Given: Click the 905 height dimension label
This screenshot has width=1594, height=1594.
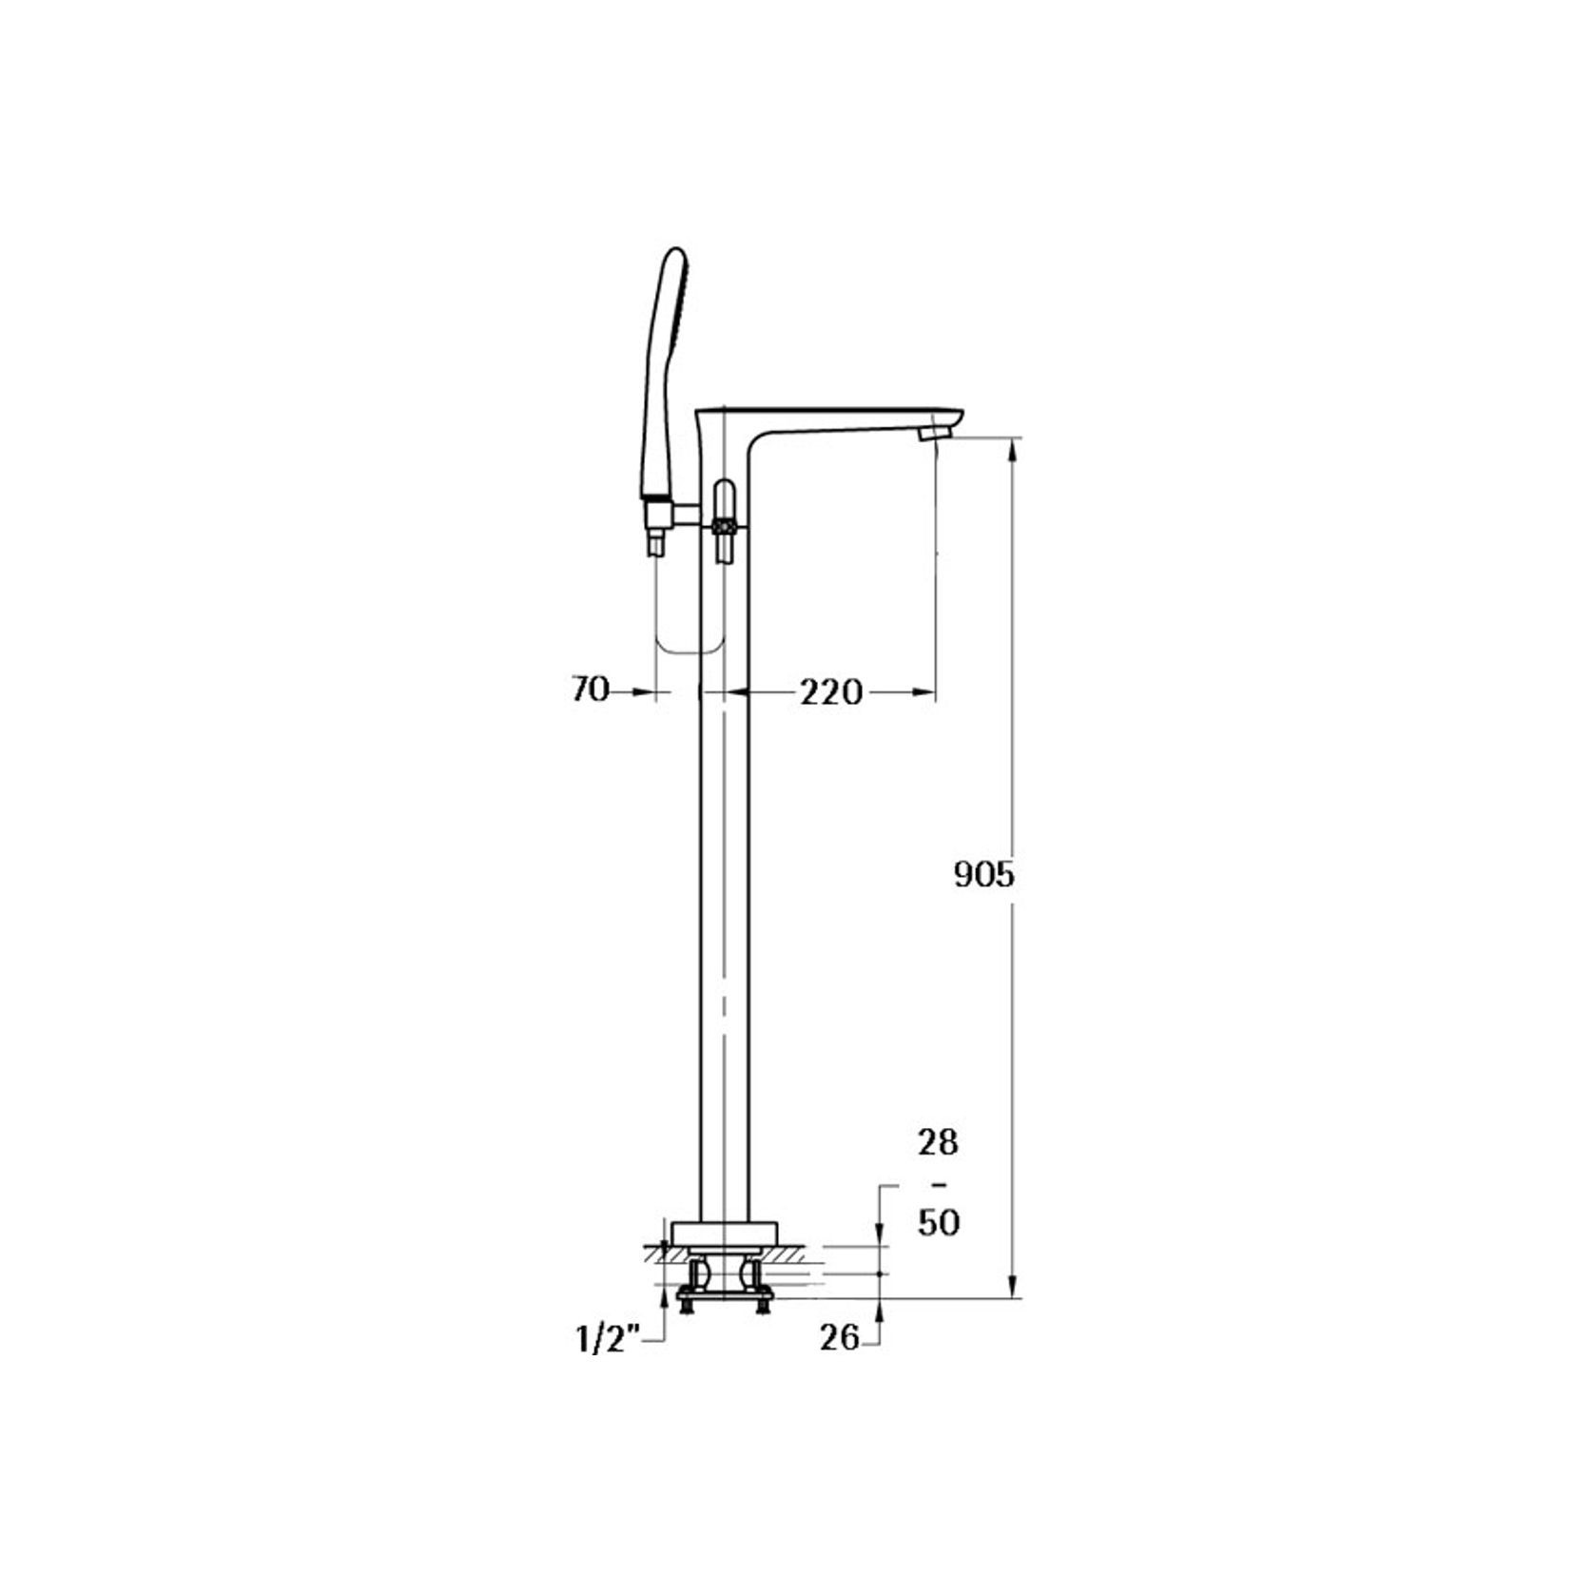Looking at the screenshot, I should tap(984, 875).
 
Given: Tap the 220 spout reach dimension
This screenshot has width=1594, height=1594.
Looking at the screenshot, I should tap(830, 692).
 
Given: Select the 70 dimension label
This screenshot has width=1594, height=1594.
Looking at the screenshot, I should tap(590, 690).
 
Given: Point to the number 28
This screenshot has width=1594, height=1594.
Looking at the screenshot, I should tap(938, 1142).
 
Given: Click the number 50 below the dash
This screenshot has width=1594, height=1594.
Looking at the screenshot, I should tap(938, 1222).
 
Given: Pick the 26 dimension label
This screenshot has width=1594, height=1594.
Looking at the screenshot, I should tap(840, 1338).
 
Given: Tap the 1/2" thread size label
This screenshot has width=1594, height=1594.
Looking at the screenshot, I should tap(608, 1340).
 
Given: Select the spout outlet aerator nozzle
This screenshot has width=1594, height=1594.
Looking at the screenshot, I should tap(934, 435).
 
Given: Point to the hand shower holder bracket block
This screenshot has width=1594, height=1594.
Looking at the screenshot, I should tap(658, 515).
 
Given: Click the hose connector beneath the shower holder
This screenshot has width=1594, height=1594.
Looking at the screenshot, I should tap(657, 545).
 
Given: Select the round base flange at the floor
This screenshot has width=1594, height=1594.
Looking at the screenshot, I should tap(725, 1234).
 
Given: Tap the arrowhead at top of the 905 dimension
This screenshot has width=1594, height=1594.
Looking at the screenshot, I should tap(1015, 447).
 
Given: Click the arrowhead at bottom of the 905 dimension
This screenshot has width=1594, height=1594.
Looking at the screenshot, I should tap(1015, 1288).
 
